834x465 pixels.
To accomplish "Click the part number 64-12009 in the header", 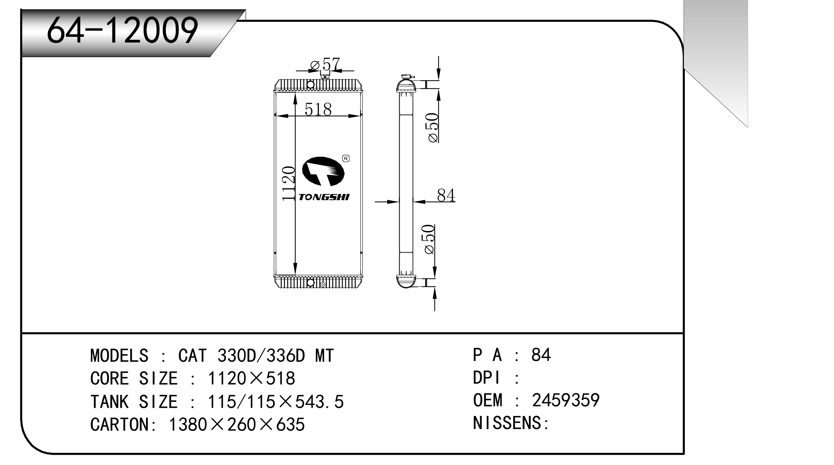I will [x=122, y=31].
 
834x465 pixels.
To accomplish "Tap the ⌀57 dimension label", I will [x=325, y=65].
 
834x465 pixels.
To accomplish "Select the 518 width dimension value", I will [x=318, y=109].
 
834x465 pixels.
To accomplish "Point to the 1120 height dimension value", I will [x=289, y=184].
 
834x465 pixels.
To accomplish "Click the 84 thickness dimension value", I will [x=446, y=195].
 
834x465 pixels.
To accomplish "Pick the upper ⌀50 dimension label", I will [x=433, y=128].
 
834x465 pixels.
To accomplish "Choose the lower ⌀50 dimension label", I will [x=429, y=239].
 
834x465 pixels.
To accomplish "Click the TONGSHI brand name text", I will [x=324, y=197].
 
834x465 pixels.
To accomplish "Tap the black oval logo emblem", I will [x=323, y=171].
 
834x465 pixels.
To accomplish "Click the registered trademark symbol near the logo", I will [x=346, y=158].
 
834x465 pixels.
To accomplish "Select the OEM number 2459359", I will [x=565, y=400].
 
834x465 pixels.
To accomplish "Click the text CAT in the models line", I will [x=192, y=356].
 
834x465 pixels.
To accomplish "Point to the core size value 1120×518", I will [x=251, y=379].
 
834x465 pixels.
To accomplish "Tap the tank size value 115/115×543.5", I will [x=276, y=402].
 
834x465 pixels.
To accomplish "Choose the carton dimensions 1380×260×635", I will [x=237, y=425].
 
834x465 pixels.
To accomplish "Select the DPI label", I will [x=486, y=378].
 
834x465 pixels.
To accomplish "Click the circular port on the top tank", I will [x=310, y=85].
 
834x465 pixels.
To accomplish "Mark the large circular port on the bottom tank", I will [x=310, y=283].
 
